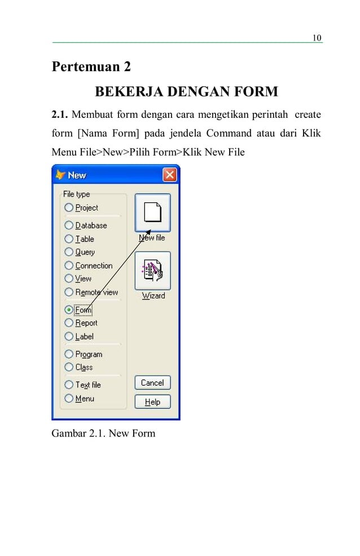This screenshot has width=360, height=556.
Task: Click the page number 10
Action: [317, 38]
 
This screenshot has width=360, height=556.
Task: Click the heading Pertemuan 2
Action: [91, 67]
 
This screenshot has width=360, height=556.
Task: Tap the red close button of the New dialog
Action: [170, 175]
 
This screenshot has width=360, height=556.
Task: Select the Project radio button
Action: [69, 208]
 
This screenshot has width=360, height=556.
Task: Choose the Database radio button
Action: [69, 225]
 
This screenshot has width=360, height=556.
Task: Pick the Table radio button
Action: [69, 239]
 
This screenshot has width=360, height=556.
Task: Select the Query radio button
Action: [69, 252]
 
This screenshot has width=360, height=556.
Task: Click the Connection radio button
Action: [69, 266]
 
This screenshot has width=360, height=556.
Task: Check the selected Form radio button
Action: [69, 309]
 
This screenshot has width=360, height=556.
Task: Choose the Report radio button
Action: [69, 323]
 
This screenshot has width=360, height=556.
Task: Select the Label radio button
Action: [69, 337]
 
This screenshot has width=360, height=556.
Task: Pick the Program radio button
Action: [69, 354]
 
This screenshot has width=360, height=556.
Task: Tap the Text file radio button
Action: [69, 385]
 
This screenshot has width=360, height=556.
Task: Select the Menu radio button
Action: [69, 399]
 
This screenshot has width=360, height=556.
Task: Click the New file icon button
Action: [152, 213]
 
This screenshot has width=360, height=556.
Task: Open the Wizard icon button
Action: [152, 271]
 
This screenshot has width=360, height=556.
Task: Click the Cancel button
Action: [152, 383]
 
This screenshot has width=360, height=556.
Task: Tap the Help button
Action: [152, 402]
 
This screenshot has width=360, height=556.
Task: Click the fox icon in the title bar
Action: [60, 175]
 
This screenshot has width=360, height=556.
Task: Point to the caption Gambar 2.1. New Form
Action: [103, 434]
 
